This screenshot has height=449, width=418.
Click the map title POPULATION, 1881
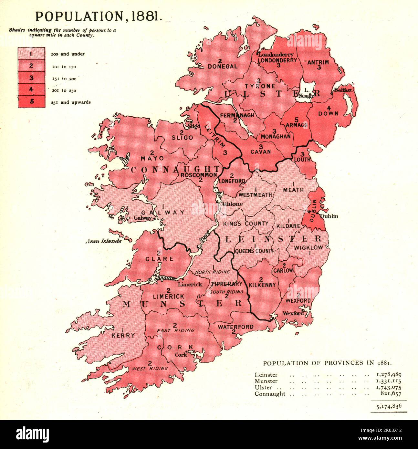pos(99,16)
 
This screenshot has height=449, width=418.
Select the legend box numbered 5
pos(31,102)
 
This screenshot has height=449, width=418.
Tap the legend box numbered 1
pos(31,54)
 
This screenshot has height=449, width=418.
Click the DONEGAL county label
pos(223,66)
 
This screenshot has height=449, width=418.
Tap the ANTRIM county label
pos(318,62)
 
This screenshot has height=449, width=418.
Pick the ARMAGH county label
pos(297,125)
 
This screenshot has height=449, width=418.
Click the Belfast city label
pos(343,90)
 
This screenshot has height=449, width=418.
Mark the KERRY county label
pos(123,336)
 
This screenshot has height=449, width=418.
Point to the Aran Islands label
pos(103,241)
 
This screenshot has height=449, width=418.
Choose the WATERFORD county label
pos(235,327)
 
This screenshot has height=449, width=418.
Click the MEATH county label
pos(293,190)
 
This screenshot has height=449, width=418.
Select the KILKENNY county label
pos(262,285)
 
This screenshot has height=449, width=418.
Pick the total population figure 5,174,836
pos(389,406)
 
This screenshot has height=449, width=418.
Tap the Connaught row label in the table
pos(270,394)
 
